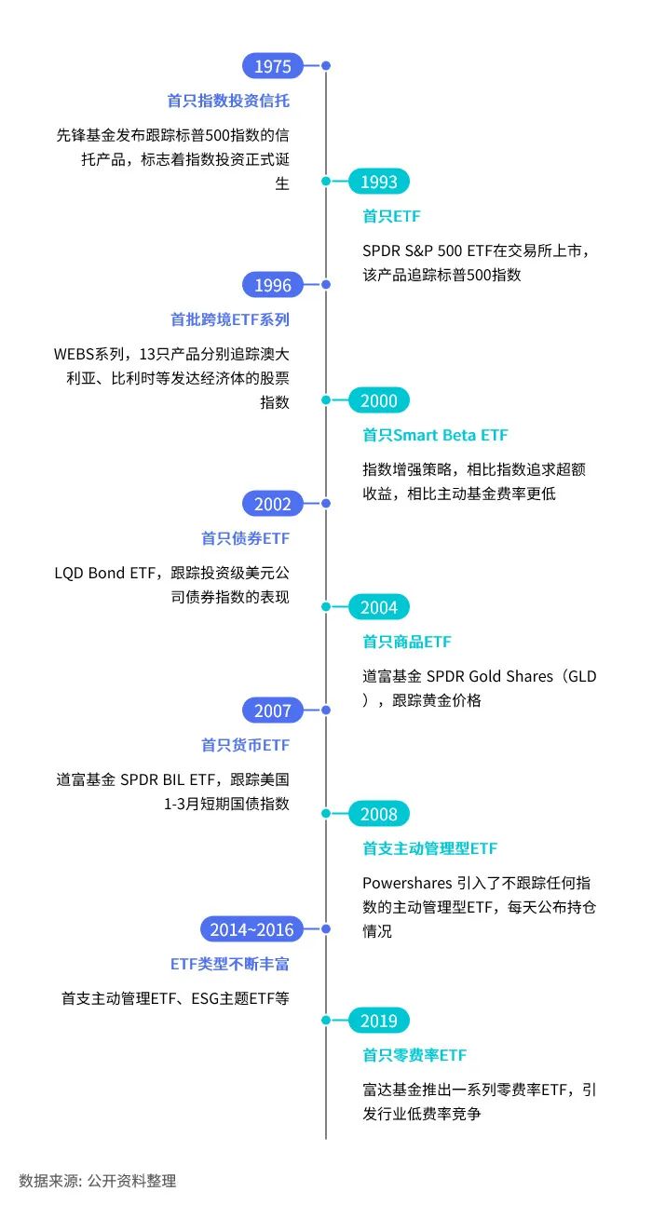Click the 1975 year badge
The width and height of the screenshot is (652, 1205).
[273, 66]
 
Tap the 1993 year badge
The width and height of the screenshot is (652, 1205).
[379, 183]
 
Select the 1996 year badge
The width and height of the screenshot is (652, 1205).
[273, 286]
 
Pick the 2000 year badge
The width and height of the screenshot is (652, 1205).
[379, 401]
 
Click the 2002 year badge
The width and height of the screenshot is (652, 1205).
[273, 505]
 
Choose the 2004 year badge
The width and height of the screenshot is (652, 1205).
[379, 608]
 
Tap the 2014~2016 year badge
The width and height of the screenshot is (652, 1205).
[251, 929]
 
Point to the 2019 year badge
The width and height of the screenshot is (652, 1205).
[379, 1022]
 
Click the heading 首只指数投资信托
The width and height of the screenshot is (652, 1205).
[228, 101]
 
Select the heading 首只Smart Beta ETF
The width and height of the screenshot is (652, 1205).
[435, 435]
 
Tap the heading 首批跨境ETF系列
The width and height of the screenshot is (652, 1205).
[230, 319]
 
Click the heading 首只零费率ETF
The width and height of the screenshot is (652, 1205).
[414, 1055]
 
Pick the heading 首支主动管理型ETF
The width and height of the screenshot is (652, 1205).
[429, 848]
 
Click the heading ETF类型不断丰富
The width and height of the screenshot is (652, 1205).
[229, 964]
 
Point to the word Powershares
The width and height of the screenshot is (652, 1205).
[406, 882]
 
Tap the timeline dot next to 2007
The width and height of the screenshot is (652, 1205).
[326, 711]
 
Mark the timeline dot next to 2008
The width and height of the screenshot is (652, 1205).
[326, 814]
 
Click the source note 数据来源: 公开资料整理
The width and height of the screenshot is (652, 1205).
[98, 1181]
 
